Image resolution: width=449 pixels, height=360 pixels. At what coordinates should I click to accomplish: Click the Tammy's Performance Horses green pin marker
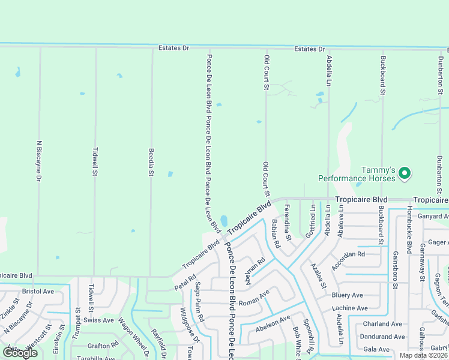405,173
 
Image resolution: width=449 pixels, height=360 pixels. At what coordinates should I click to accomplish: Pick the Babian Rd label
275,234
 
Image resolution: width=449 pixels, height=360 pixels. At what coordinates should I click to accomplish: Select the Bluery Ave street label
347,295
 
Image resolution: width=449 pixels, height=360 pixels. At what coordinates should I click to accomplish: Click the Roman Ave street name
255,298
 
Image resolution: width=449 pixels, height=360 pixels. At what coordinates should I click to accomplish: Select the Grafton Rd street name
103,346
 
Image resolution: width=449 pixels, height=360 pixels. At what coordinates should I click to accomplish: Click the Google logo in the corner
20,352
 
